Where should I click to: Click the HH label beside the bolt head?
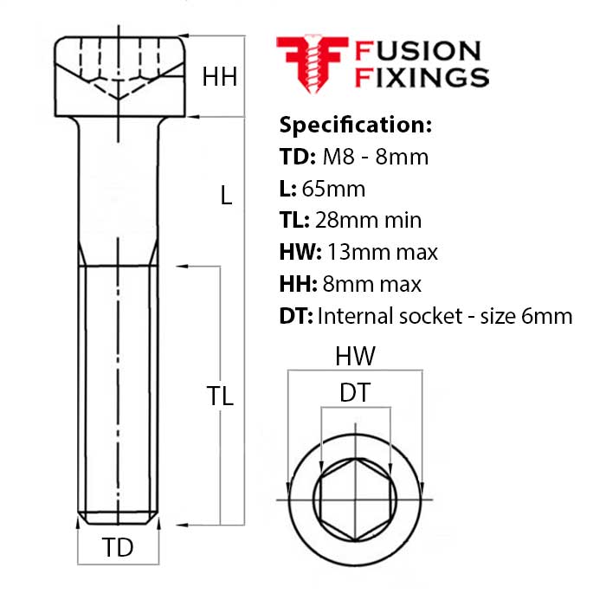pyautogui.click(x=219, y=77)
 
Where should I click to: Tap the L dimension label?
pyautogui.click(x=226, y=197)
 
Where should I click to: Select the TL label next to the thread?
pyautogui.click(x=220, y=396)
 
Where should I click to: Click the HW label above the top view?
pyautogui.click(x=355, y=356)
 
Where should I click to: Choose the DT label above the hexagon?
pyautogui.click(x=355, y=393)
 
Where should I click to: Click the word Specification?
pyautogui.click(x=355, y=125)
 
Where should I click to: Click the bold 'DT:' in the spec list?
pyautogui.click(x=295, y=316)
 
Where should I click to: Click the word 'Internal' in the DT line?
pyautogui.click(x=351, y=316)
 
